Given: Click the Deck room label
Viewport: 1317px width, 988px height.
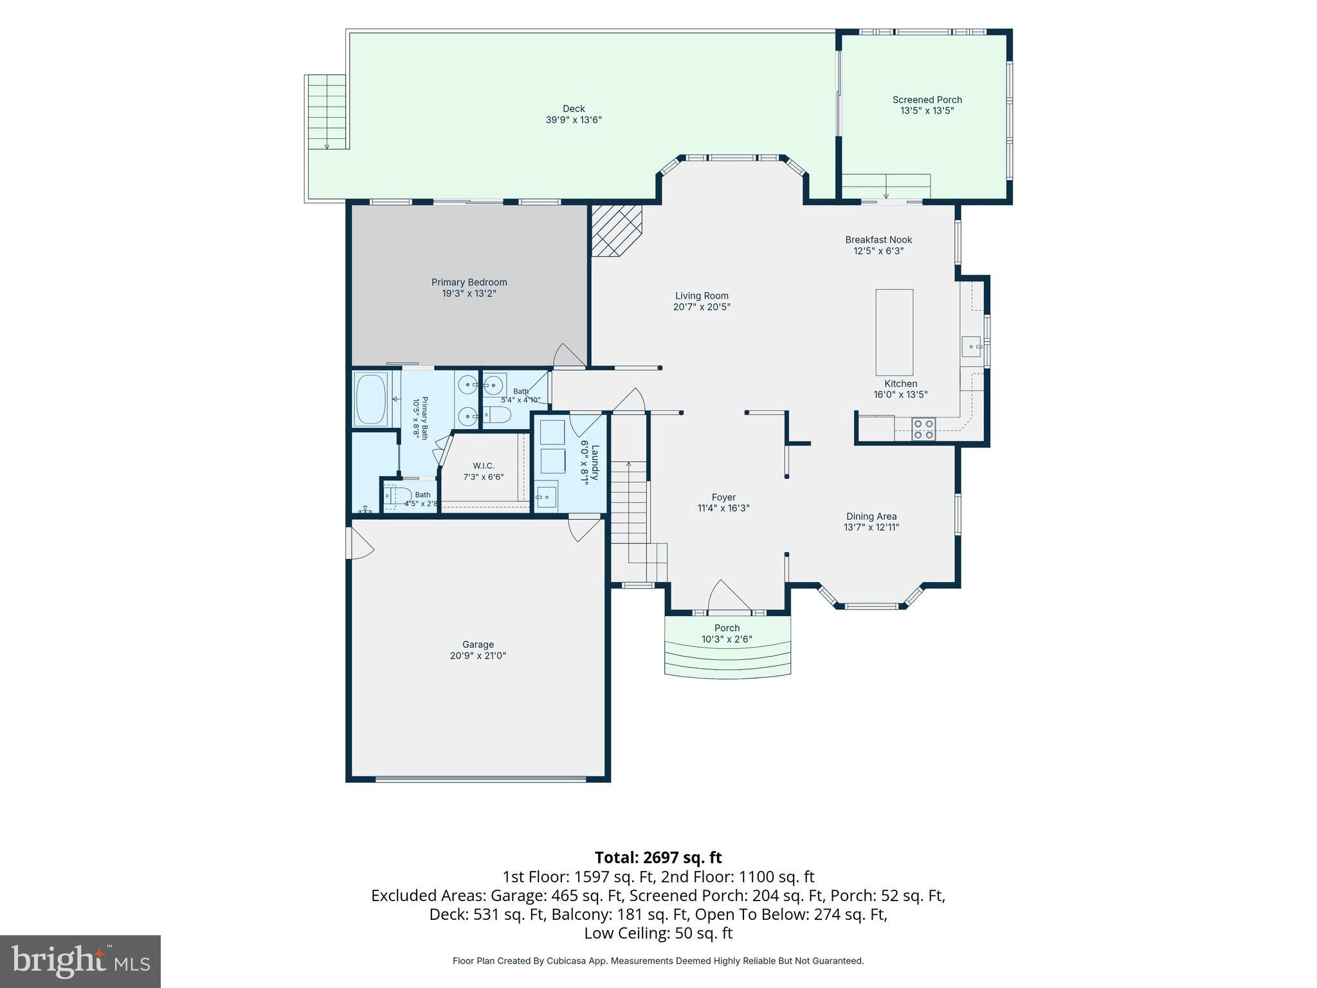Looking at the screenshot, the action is tap(574, 109).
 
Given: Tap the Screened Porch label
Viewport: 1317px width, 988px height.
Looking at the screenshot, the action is tap(927, 100).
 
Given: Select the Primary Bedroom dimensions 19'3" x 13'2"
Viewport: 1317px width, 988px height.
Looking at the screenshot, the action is tap(469, 293).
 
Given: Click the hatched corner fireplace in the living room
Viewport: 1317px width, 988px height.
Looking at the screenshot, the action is tap(616, 231).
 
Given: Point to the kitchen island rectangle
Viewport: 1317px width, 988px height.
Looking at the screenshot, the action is tap(894, 332).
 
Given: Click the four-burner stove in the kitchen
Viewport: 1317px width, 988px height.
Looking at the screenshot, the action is tap(923, 429).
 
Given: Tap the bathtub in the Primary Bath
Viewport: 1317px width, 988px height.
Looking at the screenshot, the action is tap(371, 399).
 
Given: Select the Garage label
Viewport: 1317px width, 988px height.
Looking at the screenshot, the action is tap(478, 645).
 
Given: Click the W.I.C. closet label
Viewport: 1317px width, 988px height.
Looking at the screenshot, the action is tap(484, 466).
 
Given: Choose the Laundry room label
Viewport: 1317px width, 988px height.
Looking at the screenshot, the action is tap(595, 462).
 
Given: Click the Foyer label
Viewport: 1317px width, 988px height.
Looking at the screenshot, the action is tap(723, 497).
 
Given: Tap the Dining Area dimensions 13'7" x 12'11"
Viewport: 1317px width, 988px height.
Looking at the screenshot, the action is tap(871, 527).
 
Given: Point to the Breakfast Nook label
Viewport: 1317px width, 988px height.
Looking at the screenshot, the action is tap(878, 240).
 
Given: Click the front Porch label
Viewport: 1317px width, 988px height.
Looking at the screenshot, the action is tap(727, 628).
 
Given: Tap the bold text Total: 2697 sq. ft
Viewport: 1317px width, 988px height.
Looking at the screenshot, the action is tap(658, 857).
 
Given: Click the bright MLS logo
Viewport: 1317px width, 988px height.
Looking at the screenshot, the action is tap(80, 961).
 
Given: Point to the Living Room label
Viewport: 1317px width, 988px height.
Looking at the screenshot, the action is tap(702, 296).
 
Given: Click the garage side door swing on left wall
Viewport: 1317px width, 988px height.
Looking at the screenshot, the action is tap(359, 544).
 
